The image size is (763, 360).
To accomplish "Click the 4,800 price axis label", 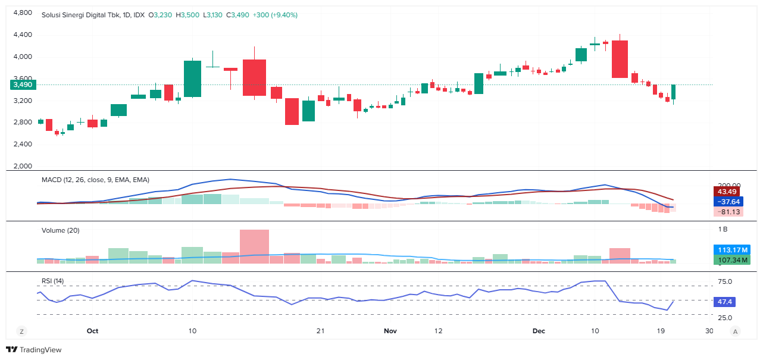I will point(23,13).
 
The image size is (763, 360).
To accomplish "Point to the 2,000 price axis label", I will point(23,167).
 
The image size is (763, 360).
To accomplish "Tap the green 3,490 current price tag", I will point(23,85).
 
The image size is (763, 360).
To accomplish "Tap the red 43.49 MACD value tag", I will point(727,192).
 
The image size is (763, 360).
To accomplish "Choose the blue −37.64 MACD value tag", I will point(727,202).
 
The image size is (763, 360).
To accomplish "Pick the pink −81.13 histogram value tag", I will point(727,212).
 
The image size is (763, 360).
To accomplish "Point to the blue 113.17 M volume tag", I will point(731,250).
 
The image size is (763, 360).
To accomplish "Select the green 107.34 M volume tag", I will point(731,260).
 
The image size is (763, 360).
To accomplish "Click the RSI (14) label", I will point(53,281).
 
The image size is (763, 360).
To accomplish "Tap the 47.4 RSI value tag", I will point(726,302).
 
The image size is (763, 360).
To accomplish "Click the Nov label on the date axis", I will point(390,330).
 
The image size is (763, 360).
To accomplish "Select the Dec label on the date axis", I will point(539,330).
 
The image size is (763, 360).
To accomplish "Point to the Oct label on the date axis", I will point(92,330).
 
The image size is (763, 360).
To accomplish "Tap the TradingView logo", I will point(34,350).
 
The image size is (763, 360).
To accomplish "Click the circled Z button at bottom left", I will point(21,331).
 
